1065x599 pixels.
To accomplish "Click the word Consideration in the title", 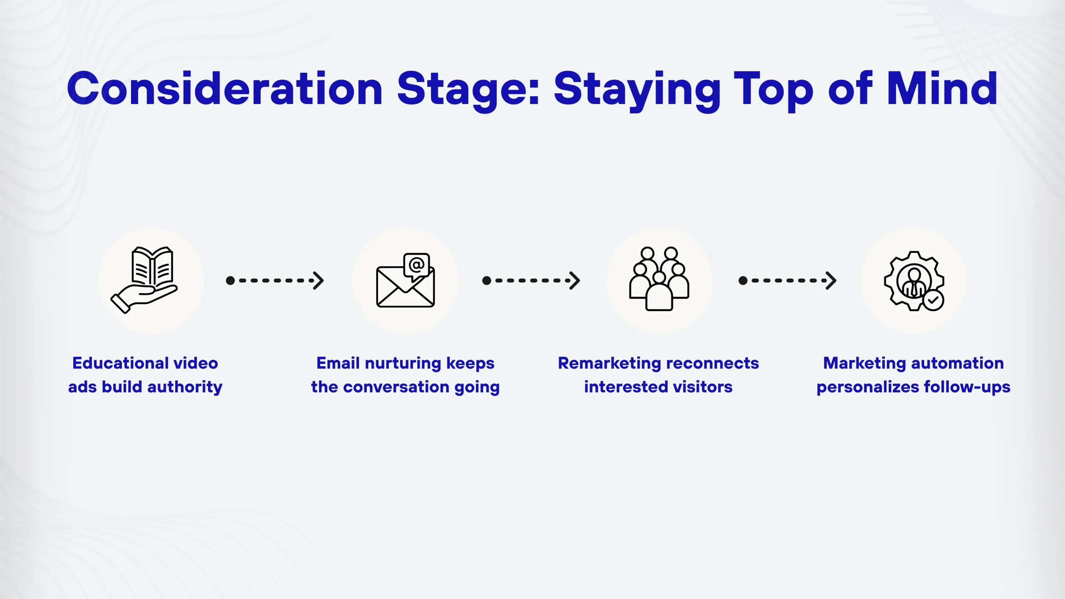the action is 225,88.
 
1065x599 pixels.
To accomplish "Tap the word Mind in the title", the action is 942,88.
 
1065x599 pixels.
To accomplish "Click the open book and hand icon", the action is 144,280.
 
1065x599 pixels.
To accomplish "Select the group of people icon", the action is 659,279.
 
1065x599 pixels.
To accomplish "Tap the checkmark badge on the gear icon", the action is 933,300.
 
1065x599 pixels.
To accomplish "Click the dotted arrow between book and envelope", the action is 275,281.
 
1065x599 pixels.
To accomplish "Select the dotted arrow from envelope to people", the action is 531,281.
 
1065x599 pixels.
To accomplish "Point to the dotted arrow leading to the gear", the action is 787,281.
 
